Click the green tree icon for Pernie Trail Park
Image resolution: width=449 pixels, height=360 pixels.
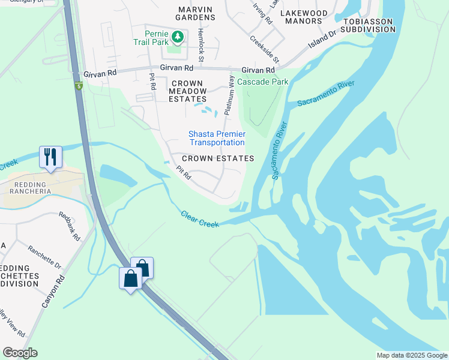[x=178, y=38]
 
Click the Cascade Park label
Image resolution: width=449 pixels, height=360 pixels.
[x=262, y=82]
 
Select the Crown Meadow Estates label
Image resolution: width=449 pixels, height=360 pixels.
[x=188, y=91]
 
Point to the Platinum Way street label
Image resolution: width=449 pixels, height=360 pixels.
[x=229, y=96]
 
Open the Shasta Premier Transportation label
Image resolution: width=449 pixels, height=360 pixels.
[x=217, y=138]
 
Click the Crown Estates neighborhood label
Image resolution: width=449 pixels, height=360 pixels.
[x=218, y=158]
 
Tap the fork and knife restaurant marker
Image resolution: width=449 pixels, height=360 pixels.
[x=50, y=157]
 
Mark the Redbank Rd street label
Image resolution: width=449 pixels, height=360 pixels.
[x=70, y=226]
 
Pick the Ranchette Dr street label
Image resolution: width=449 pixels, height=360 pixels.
[x=44, y=256]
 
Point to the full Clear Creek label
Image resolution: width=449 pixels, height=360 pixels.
[x=200, y=219]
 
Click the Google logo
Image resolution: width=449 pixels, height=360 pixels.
[x=20, y=353]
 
